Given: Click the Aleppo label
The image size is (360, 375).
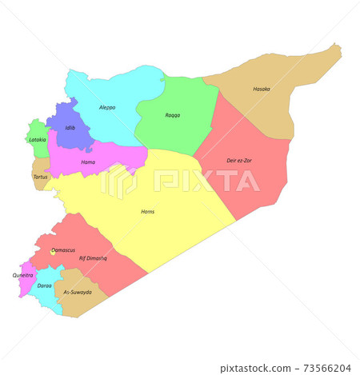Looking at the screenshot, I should [x=107, y=107].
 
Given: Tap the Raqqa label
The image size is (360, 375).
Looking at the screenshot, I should [x=173, y=115].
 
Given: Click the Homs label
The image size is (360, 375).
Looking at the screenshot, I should [x=147, y=211].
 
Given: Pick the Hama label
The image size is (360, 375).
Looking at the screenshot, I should [x=89, y=162].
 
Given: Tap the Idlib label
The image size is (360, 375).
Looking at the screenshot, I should [x=70, y=127].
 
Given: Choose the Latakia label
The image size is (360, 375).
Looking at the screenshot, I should [x=38, y=139].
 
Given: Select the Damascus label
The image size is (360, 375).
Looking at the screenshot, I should [x=64, y=250].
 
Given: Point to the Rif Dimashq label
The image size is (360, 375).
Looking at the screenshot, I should [x=93, y=258].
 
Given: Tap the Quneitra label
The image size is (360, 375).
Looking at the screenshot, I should [x=23, y=275].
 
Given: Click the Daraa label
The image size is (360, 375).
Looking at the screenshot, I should [x=45, y=285].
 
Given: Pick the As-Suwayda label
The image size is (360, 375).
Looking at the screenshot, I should [x=78, y=292].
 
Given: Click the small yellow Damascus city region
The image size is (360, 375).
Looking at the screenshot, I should [x=53, y=250].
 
